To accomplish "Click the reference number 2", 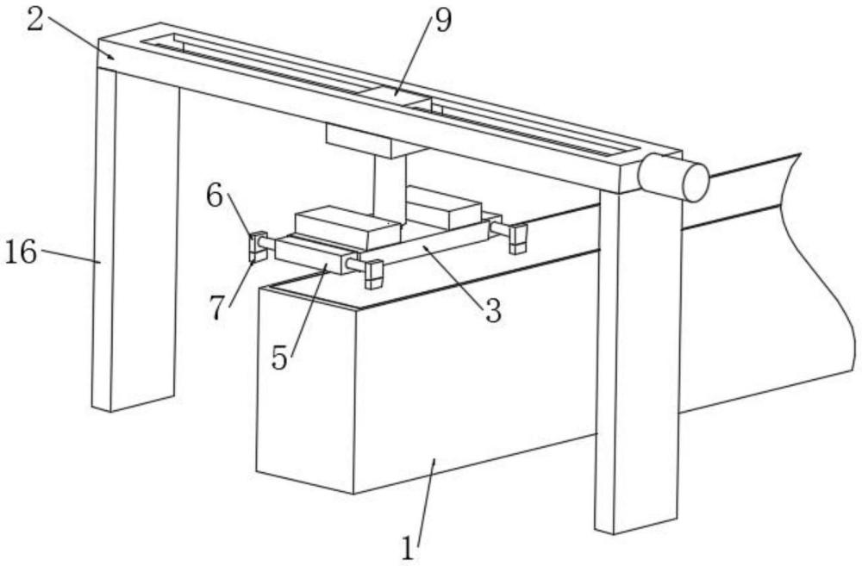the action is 35,19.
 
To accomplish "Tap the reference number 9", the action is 443,21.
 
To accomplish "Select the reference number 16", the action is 21,253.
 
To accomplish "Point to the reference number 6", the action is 215,196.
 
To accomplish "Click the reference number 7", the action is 217,308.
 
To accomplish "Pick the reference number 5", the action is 279,359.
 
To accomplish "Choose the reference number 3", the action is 493,311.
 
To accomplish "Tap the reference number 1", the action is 408,548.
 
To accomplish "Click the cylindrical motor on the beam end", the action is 673,177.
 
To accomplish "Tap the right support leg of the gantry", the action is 639,360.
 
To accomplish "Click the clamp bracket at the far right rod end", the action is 517,239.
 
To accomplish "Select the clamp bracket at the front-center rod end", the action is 374,274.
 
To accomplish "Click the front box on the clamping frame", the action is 347,227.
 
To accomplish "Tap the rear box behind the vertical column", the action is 444,208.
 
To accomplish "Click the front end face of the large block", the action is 305,389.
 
